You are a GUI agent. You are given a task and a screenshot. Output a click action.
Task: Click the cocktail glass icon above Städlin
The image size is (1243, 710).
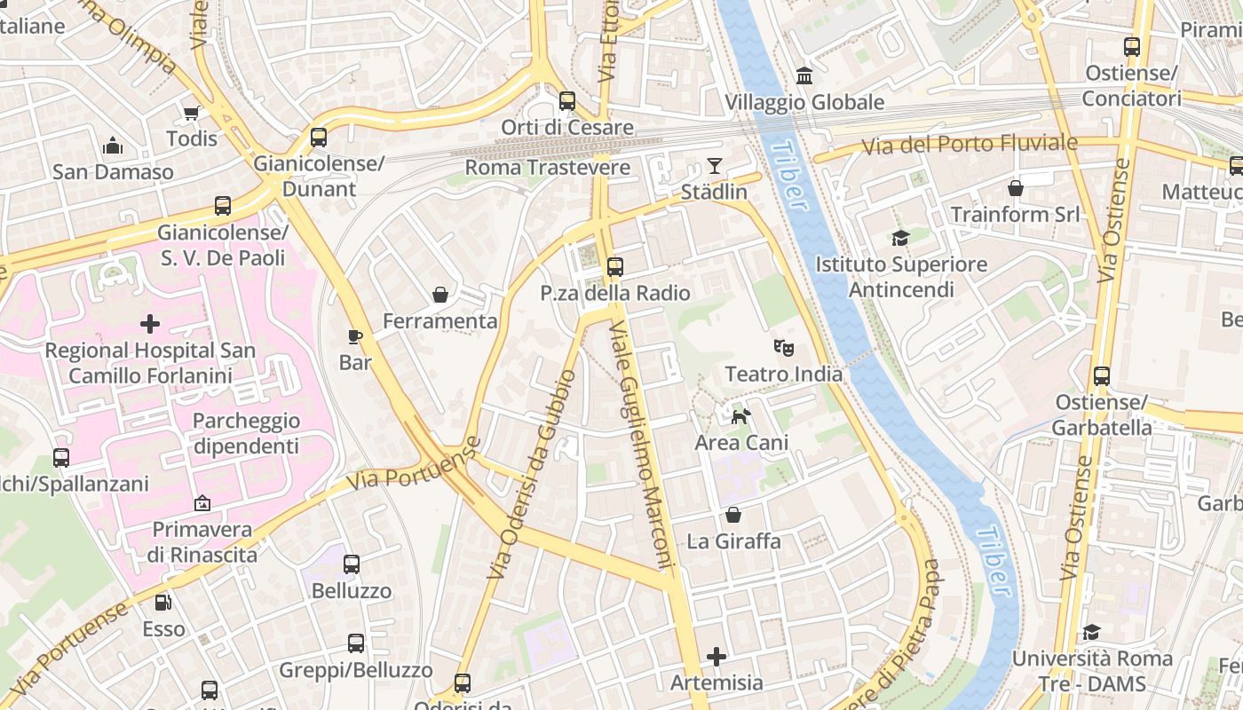[714, 166]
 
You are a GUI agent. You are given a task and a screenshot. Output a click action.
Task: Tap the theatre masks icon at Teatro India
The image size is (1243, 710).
[783, 347]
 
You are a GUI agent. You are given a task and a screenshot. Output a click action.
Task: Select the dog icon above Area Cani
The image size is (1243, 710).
[740, 415]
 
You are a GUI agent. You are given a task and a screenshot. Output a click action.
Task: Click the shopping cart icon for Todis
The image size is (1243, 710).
[191, 113]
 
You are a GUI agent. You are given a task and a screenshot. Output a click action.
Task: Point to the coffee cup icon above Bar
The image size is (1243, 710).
[355, 336]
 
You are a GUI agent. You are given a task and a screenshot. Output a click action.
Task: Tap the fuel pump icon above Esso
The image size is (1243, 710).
[163, 603]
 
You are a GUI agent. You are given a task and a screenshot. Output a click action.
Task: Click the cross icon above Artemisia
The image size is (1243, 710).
[717, 657]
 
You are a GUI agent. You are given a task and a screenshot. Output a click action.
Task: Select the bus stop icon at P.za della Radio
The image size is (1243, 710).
[614, 266]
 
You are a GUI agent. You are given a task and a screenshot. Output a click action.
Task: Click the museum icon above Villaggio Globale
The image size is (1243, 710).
[804, 75]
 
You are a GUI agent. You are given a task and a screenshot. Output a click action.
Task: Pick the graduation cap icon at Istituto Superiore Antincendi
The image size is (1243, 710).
[901, 238]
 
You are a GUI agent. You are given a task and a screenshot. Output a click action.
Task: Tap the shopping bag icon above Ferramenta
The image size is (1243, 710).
[439, 295]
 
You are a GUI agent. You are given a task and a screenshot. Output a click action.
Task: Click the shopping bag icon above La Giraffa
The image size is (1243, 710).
[733, 515]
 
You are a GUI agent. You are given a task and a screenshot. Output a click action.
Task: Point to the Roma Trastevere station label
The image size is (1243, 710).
[547, 168]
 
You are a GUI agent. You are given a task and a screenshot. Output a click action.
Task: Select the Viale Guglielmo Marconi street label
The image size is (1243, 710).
[637, 444]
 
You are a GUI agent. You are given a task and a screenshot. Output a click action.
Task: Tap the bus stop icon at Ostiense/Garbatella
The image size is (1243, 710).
[1102, 376]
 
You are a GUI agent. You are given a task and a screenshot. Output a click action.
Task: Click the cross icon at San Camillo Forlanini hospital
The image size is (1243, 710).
[150, 324]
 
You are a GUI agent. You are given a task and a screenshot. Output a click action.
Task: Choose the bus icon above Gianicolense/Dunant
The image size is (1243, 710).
[319, 138]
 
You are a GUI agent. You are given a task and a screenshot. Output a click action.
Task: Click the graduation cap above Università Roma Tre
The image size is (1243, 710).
[1091, 632]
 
